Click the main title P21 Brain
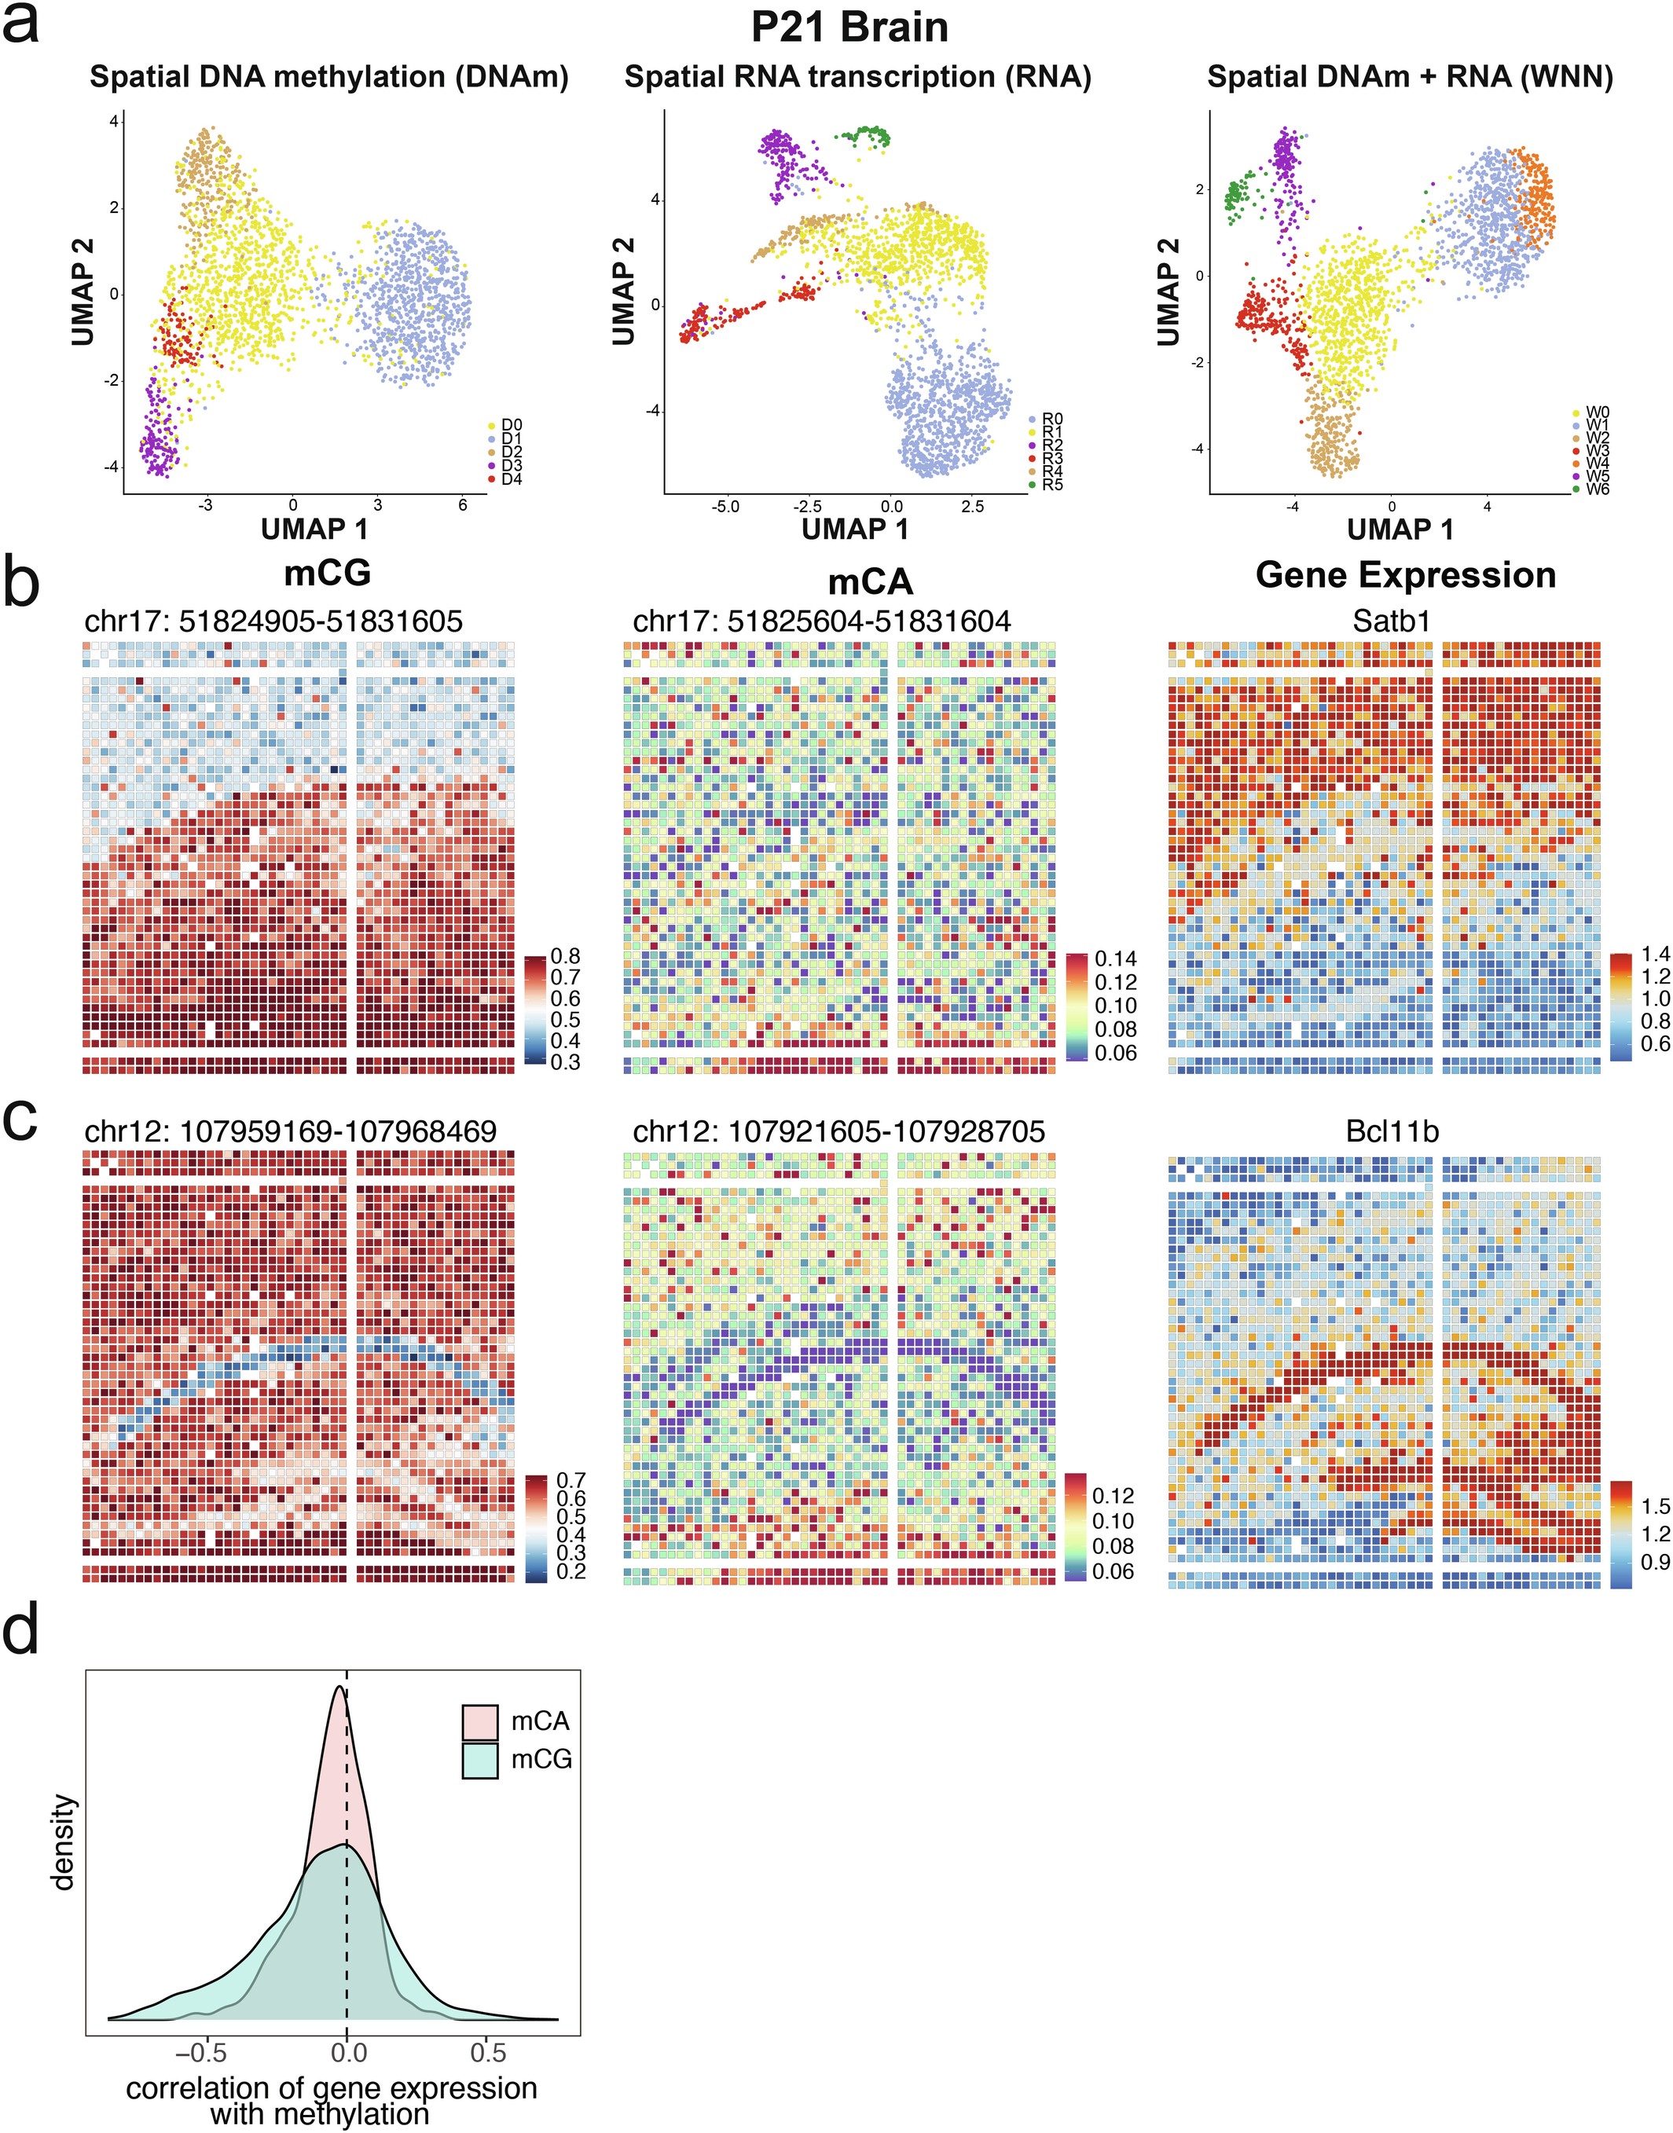pyautogui.click(x=849, y=27)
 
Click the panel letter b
pyautogui.click(x=21, y=584)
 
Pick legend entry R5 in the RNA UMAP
pyautogui.click(x=1052, y=484)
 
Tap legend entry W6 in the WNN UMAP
pyautogui.click(x=1597, y=489)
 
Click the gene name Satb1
pyautogui.click(x=1384, y=621)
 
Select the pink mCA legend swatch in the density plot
pyautogui.click(x=480, y=1721)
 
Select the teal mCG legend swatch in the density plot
pyautogui.click(x=480, y=1760)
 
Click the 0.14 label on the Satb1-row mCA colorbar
pyautogui.click(x=1116, y=958)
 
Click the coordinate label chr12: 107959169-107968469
pyautogui.click(x=290, y=1132)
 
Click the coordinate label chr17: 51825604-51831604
pyautogui.click(x=822, y=621)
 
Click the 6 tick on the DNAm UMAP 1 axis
pyautogui.click(x=462, y=505)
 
